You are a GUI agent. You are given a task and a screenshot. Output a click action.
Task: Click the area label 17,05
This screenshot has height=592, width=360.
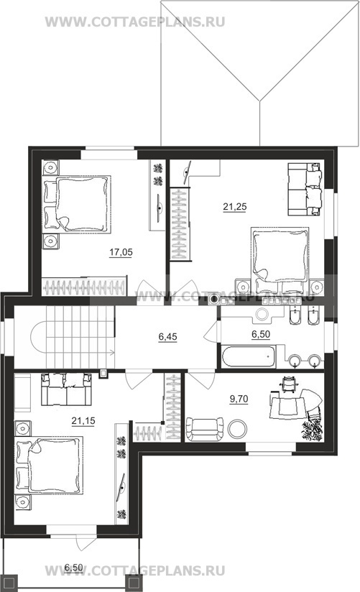tap(121, 252)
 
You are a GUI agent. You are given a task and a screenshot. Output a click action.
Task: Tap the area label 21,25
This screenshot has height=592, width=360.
tap(234, 206)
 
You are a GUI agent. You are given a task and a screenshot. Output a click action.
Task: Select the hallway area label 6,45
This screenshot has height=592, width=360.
tap(167, 336)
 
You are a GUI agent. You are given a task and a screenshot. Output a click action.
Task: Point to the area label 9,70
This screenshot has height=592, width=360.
tap(239, 399)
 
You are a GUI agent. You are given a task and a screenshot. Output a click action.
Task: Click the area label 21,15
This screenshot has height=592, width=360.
tap(83, 420)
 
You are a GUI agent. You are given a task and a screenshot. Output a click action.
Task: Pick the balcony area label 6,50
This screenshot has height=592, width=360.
tap(74, 567)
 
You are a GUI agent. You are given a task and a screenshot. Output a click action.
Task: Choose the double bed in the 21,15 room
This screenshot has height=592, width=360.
tap(49, 466)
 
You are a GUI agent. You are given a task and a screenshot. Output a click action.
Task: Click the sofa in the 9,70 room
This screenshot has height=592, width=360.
tap(205, 429)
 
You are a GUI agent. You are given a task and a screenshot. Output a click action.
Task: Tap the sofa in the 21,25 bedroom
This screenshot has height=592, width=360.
tap(305, 189)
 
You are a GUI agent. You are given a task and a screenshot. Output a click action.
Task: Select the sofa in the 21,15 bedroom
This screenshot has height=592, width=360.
tap(67, 389)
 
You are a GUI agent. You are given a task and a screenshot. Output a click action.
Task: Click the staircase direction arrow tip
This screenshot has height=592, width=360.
tap(114, 353)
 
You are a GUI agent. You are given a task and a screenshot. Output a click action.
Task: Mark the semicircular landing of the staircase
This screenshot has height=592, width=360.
tap(38, 337)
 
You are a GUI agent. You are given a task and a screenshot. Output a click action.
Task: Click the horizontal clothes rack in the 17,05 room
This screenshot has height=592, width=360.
tap(83, 287)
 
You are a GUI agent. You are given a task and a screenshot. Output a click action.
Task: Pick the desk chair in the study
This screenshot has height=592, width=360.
tap(290, 383)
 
